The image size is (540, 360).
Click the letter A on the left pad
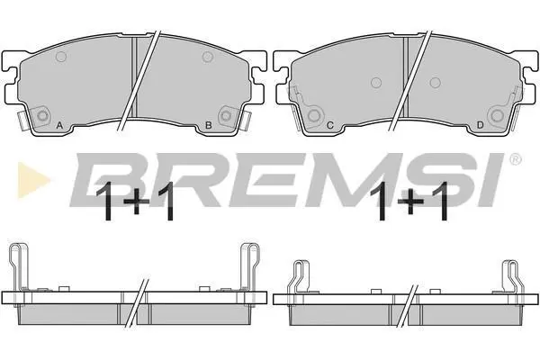pos(59,125)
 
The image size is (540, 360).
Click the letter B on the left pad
pos(209,125)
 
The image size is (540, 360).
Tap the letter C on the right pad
pos(329,125)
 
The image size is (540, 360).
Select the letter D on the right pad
pos(480,125)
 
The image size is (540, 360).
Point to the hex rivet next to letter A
pos(42,116)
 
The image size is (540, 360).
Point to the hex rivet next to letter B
pos(226,115)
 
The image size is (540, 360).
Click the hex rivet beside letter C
pos(314,116)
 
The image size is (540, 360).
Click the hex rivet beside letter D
pos(497,116)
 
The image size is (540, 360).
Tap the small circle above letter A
pos(61,57)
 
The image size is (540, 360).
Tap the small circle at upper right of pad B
pos(207,57)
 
